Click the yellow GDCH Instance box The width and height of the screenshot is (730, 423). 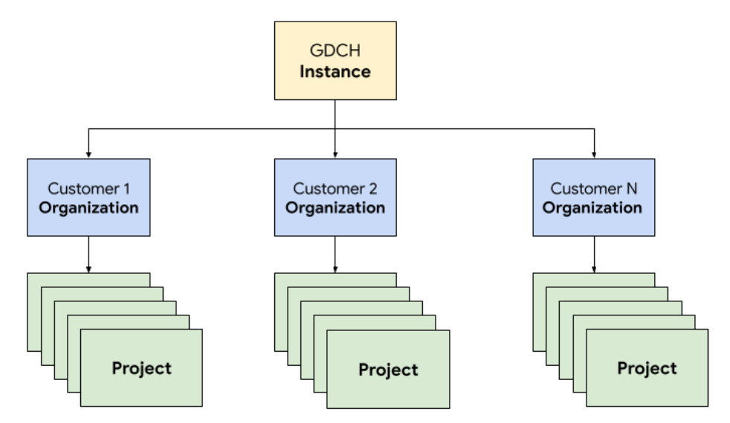point(335,60)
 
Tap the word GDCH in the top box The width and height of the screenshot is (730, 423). point(335,51)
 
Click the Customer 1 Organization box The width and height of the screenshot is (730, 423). point(88,197)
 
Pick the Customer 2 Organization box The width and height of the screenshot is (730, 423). point(335,197)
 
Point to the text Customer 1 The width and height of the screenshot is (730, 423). point(88,188)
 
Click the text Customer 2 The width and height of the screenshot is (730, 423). point(335,188)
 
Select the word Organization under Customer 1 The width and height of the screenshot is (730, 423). point(88,207)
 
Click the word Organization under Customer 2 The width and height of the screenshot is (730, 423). point(335,207)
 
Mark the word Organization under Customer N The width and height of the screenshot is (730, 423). point(592,207)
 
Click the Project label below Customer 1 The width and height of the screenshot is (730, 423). point(141,368)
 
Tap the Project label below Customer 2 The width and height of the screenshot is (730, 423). point(388,370)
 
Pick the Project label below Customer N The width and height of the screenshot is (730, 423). point(647,368)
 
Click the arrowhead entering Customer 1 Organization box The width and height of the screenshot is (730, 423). point(88,154)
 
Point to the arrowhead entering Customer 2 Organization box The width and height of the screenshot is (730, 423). point(335,154)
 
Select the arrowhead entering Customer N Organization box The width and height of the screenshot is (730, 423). point(593,154)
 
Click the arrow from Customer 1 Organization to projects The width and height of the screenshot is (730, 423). point(88,254)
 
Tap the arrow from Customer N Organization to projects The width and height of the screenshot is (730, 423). point(593,254)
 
